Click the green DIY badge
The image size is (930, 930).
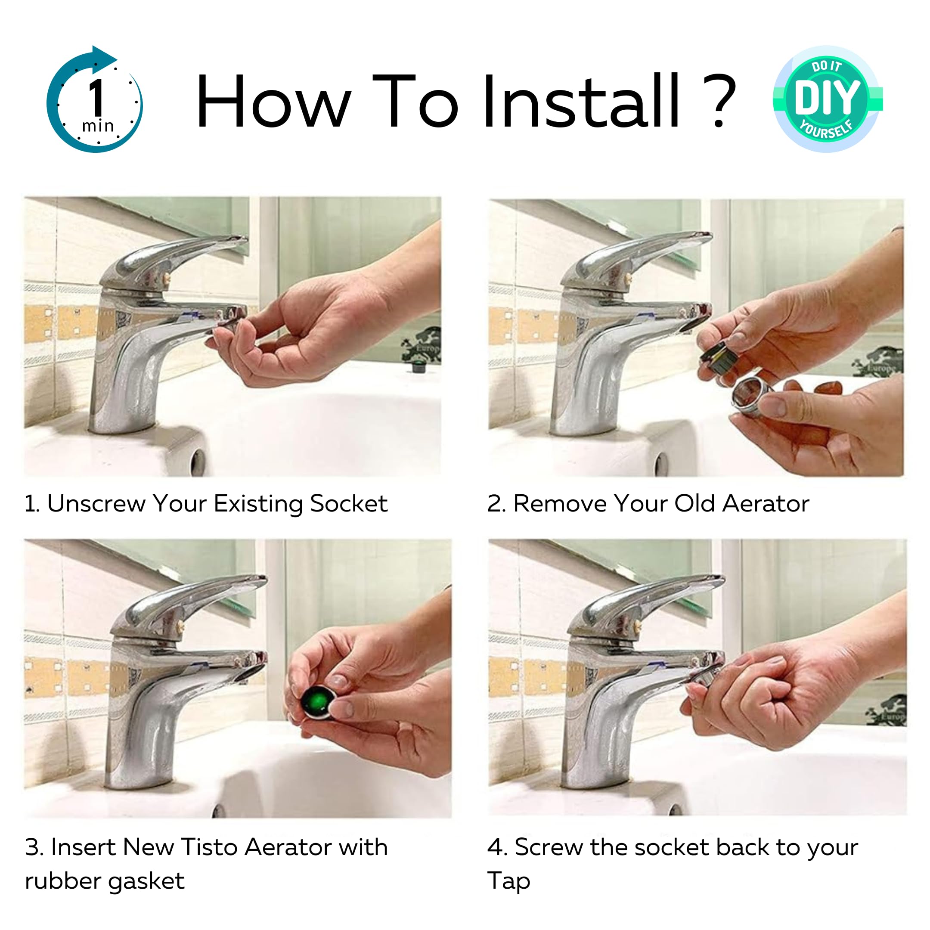pos(828,99)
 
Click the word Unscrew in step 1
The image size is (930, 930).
pos(96,503)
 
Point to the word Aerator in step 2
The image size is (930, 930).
pos(766,503)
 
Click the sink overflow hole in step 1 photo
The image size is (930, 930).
pos(198,462)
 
